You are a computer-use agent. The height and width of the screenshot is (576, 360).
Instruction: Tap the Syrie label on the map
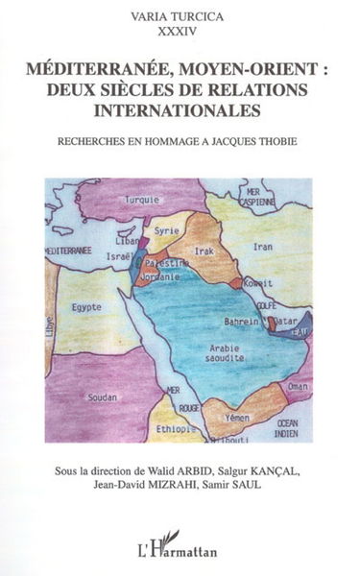pos(169,231)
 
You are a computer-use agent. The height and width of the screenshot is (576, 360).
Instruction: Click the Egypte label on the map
pos(81,309)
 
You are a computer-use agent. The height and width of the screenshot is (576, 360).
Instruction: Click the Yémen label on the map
pos(238,419)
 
